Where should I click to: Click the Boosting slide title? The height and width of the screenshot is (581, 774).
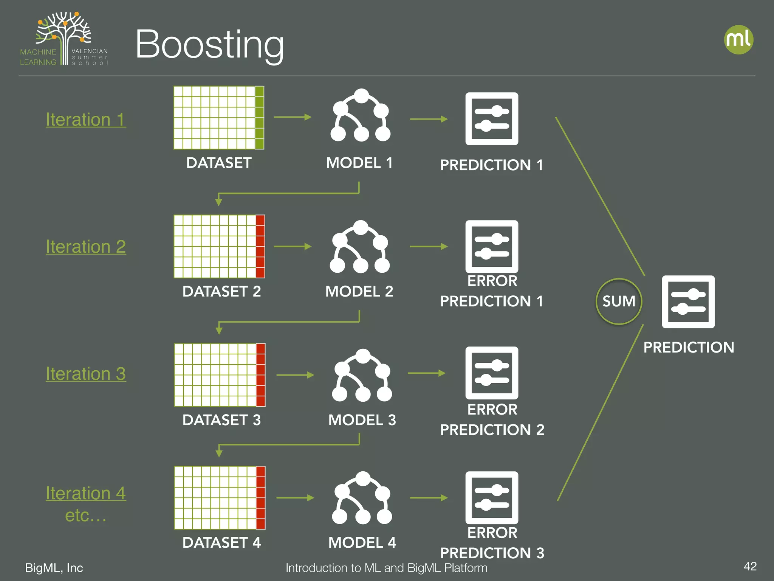[209, 45]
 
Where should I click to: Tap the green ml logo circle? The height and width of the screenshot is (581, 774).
[738, 40]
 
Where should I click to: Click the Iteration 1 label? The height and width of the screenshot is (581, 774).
[86, 120]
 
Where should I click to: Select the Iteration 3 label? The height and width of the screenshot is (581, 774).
[86, 374]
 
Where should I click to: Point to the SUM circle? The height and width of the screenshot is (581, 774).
[619, 301]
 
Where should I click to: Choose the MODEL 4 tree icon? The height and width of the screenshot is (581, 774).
[362, 498]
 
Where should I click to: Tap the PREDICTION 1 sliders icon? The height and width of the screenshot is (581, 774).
[492, 119]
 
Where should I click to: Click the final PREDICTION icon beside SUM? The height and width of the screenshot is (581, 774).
[688, 302]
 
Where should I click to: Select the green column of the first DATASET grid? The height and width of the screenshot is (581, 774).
[259, 118]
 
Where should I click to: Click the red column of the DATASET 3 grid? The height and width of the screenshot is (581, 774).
[260, 375]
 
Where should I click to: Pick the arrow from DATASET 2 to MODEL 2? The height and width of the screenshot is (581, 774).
[292, 247]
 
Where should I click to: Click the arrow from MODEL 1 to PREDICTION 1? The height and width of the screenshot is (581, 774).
[429, 119]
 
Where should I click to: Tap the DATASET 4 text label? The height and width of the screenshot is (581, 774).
[221, 542]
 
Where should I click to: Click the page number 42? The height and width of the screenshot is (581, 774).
[750, 566]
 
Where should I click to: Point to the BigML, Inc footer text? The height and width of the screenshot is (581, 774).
[54, 568]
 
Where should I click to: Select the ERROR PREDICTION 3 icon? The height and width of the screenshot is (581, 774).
[492, 498]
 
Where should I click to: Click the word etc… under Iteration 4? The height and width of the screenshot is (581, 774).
[86, 515]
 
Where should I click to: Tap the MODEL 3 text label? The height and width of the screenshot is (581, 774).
[362, 420]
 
